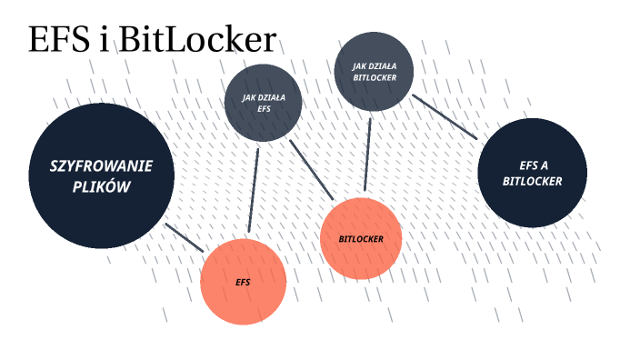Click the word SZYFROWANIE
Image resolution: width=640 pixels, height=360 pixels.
click(x=101, y=166)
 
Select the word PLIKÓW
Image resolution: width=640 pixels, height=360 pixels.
click(x=102, y=187)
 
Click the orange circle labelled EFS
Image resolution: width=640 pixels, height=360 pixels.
click(x=243, y=282)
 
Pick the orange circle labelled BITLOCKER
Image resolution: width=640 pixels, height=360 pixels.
click(x=361, y=239)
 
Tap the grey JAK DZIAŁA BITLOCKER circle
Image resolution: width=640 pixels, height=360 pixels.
click(x=375, y=72)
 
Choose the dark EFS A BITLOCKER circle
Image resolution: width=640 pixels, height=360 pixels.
click(x=533, y=174)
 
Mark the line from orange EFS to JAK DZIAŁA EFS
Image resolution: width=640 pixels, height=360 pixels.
click(x=253, y=191)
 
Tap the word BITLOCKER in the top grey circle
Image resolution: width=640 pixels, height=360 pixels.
click(x=375, y=78)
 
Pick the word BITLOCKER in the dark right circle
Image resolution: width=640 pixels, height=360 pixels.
click(x=533, y=181)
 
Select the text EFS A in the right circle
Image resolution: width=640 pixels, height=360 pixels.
click(x=533, y=165)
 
